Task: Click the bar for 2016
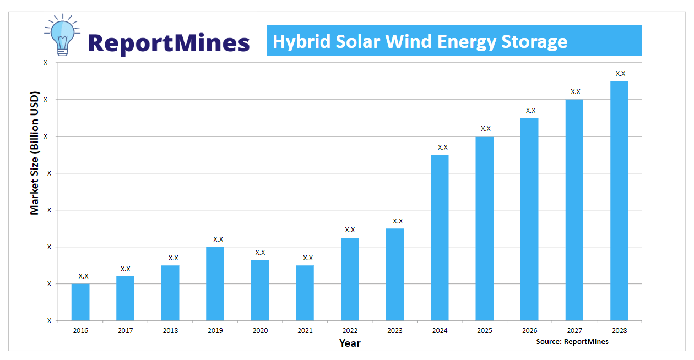80,302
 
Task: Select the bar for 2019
215,283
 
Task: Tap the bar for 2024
440,238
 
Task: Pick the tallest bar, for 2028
619,201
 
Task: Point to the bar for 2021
305,293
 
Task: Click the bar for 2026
529,219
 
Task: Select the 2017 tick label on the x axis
125,331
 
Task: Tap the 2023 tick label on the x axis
395,331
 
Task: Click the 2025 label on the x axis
485,331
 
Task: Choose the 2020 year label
260,331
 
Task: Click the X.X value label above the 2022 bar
350,230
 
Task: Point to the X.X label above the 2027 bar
576,92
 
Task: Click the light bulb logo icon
62,34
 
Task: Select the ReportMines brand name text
169,42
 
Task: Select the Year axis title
350,343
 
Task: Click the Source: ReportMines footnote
572,342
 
